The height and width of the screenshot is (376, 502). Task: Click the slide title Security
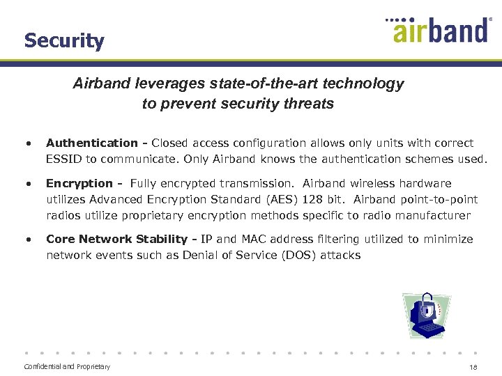pos(64,40)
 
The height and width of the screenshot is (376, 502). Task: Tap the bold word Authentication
pos(92,143)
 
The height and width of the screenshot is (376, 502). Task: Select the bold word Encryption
pos(79,183)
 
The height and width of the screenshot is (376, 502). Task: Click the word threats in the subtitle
pos(309,104)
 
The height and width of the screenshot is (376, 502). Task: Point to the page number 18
pos(473,367)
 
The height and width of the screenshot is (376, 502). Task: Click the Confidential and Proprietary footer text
pos(67,366)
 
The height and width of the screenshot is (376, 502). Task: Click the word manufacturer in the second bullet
pos(433,215)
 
